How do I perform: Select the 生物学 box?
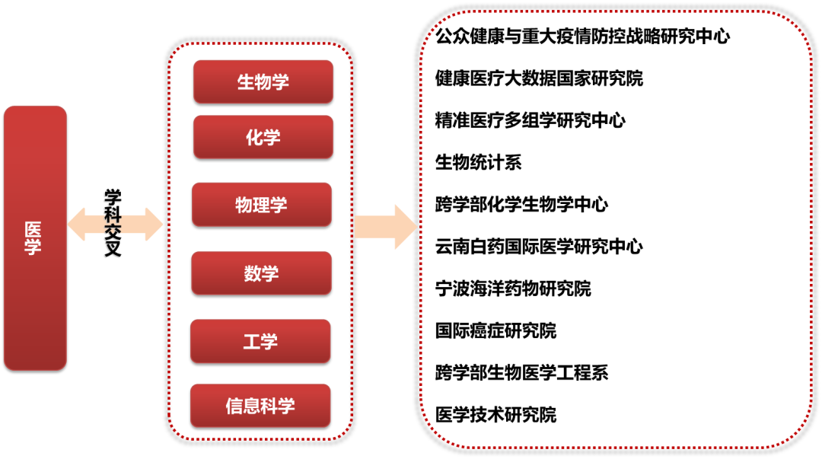(263, 81)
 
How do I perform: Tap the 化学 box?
(263, 137)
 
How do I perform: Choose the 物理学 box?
(261, 205)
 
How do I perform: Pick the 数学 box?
(261, 273)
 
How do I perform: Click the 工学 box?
(260, 342)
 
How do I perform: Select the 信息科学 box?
(260, 406)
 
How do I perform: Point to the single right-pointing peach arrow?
(385, 227)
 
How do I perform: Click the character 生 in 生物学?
(246, 82)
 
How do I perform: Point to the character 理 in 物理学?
(261, 206)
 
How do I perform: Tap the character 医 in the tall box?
(33, 229)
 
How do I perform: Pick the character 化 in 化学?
(254, 138)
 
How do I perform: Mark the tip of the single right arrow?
(416, 227)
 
